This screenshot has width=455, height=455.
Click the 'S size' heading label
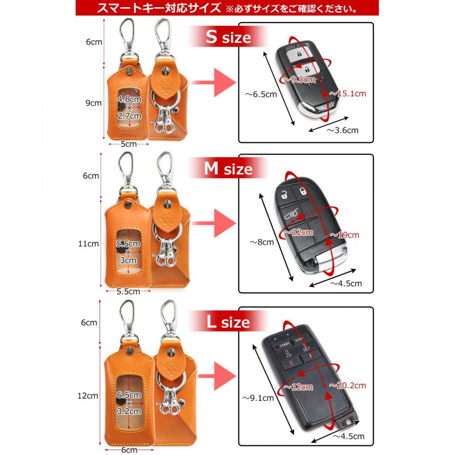point(228,37)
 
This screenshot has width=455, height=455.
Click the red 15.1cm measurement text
point(349,94)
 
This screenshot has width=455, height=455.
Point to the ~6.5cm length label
point(261,95)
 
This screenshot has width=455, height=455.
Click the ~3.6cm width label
point(343,130)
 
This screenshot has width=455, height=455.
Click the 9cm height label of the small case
point(94,103)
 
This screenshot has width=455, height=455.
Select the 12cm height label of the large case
point(88,395)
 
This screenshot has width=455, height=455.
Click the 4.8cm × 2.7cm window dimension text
point(130,107)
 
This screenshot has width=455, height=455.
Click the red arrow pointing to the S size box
point(213,83)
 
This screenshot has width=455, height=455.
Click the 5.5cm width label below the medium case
point(128,291)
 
